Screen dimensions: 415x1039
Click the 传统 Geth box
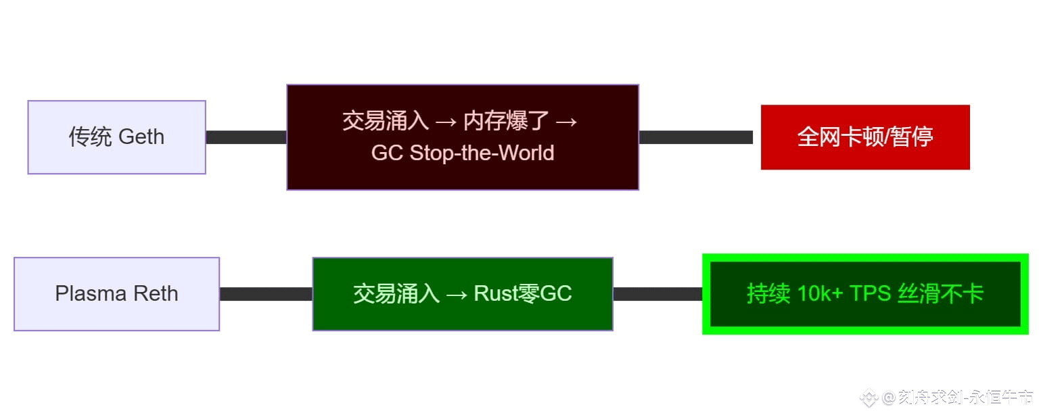pos(116,137)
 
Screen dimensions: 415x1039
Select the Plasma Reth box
pos(116,294)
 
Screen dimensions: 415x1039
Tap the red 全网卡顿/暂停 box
pos(865,137)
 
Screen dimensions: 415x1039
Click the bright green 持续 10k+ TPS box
pos(865,294)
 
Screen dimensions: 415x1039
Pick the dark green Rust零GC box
pos(463,294)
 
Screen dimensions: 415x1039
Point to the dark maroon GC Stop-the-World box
pos(463,137)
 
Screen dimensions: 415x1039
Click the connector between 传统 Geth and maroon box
pos(246,137)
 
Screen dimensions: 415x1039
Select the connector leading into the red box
pos(695,137)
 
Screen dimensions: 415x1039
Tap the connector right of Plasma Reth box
pos(266,294)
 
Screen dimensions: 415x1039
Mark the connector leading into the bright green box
pos(657,294)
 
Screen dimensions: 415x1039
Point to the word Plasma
pos(90,294)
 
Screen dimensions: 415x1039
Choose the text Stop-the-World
pos(482,153)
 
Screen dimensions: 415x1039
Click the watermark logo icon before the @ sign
pos(869,397)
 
